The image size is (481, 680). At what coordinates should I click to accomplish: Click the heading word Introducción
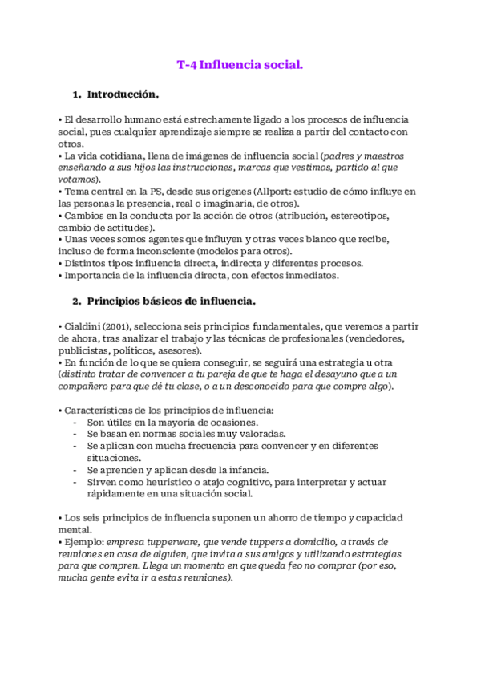point(123,95)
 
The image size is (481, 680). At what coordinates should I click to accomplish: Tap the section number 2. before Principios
point(78,302)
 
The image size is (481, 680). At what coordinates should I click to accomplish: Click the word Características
point(99,410)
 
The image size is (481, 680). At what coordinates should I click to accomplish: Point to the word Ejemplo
point(83,542)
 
